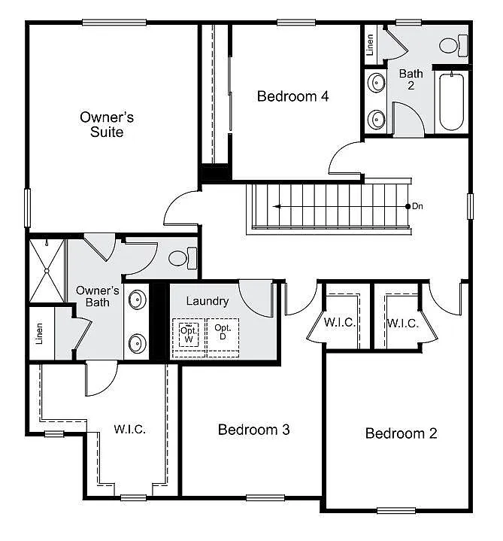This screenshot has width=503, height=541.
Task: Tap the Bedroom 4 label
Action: click(292, 96)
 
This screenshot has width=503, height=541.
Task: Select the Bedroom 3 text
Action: click(254, 430)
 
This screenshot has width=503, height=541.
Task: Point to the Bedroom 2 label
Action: click(401, 433)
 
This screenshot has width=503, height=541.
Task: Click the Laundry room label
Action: click(207, 301)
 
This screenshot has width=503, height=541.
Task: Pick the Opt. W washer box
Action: click(187, 335)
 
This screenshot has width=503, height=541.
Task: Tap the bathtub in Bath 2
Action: click(453, 101)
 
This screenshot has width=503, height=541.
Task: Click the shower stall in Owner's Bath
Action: click(47, 269)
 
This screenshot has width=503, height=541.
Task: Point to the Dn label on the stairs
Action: click(418, 205)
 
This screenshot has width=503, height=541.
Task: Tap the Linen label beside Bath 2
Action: click(370, 45)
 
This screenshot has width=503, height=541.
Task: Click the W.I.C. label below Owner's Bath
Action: click(130, 430)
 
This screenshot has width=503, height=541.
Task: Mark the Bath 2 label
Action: click(411, 79)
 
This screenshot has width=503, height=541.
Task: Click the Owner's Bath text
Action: click(98, 296)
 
